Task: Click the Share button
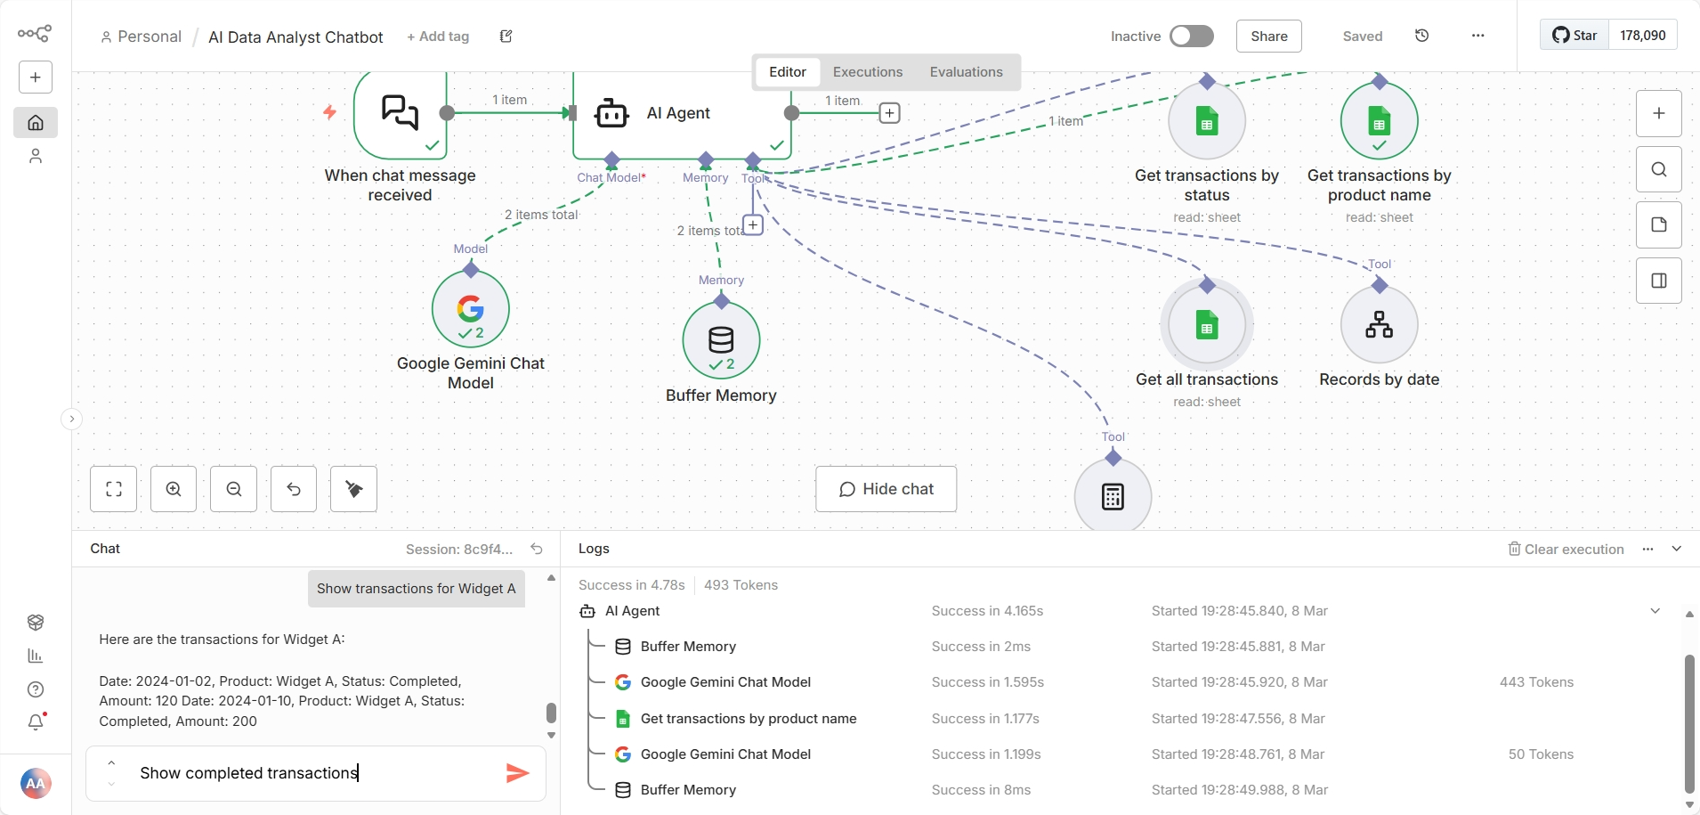[x=1268, y=37]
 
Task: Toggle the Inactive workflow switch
[x=1191, y=37]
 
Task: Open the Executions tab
[x=867, y=72]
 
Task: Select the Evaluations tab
[x=966, y=72]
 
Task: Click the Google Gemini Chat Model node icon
[x=470, y=309]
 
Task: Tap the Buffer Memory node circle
[x=721, y=340]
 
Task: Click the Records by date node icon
[x=1379, y=324]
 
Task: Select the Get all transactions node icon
[x=1206, y=325]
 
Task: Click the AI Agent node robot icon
[x=611, y=113]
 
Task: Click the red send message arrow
[x=517, y=773]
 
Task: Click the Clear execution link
[x=1566, y=550]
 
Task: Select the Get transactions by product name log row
[x=748, y=719]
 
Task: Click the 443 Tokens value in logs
[x=1536, y=682]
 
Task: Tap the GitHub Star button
[x=1575, y=36]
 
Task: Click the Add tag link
[x=438, y=37]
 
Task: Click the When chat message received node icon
[x=400, y=113]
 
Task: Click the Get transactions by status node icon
[x=1206, y=122]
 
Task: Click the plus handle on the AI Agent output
[x=889, y=113]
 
